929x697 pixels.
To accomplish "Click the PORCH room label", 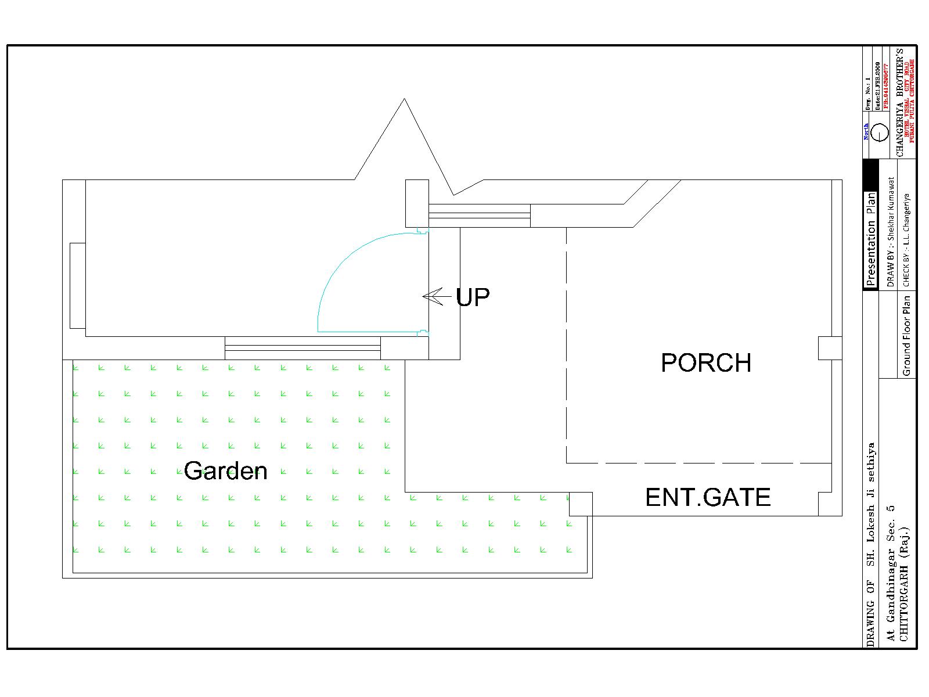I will pos(706,363).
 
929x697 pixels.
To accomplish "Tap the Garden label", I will pos(226,470).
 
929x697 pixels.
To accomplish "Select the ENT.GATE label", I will pos(708,498).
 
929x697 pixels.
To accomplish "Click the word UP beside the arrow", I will pos(473,297).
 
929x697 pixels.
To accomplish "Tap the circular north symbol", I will pos(880,132).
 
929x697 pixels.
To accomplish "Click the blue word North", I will pos(866,131).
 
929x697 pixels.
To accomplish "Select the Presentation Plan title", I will pos(870,239).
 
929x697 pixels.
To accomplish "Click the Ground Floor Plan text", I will pos(906,336).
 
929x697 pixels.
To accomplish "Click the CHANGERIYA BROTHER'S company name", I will pos(900,102).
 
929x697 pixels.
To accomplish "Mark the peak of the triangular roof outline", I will pos(404,99).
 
